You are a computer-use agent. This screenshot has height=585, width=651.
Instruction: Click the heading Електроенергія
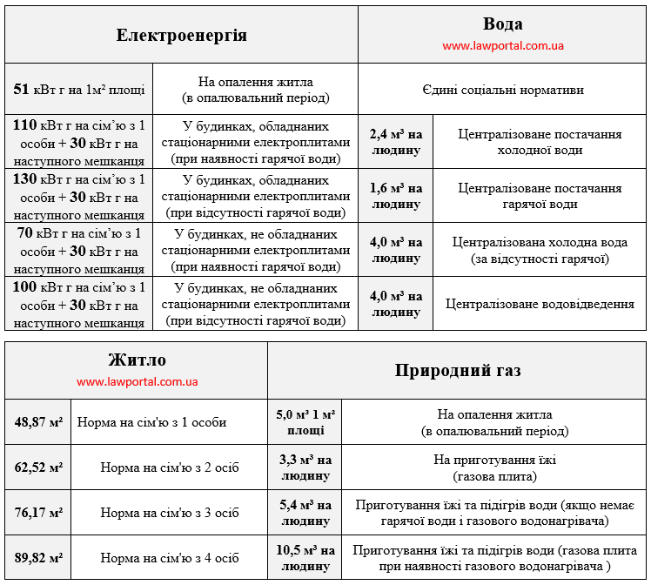point(182,36)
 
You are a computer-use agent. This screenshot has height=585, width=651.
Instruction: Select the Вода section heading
point(503,24)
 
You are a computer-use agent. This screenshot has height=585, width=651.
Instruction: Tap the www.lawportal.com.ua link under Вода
point(503,46)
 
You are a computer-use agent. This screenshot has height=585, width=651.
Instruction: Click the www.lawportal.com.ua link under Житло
point(138,381)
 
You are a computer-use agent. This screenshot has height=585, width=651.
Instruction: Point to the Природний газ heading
point(458,370)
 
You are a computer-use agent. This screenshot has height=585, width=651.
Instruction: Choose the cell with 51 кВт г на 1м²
point(79,89)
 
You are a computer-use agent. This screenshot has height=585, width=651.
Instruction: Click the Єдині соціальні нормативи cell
point(503,90)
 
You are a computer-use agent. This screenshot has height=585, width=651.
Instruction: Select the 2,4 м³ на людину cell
point(396,143)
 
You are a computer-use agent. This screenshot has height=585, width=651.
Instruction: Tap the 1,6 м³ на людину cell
point(396,196)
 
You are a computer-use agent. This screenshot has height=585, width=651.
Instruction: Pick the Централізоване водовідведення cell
point(540,304)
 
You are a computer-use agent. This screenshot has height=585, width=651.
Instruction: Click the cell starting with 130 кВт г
point(79,196)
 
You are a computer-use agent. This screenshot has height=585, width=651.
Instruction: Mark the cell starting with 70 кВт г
point(79,250)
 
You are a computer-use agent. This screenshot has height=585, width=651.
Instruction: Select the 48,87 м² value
point(38,422)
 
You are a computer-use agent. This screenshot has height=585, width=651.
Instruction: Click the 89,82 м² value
point(38,558)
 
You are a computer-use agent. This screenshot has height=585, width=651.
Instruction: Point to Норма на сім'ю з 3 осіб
point(170,513)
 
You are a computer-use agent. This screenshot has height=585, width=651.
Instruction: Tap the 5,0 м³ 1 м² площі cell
point(305,422)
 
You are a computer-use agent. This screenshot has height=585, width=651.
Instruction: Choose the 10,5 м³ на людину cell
point(305,558)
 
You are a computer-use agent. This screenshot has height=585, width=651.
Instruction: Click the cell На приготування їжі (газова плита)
point(494,467)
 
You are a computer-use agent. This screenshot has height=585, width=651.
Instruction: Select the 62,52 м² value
point(38,467)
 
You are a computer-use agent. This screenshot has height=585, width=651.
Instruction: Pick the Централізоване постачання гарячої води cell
point(540,196)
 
